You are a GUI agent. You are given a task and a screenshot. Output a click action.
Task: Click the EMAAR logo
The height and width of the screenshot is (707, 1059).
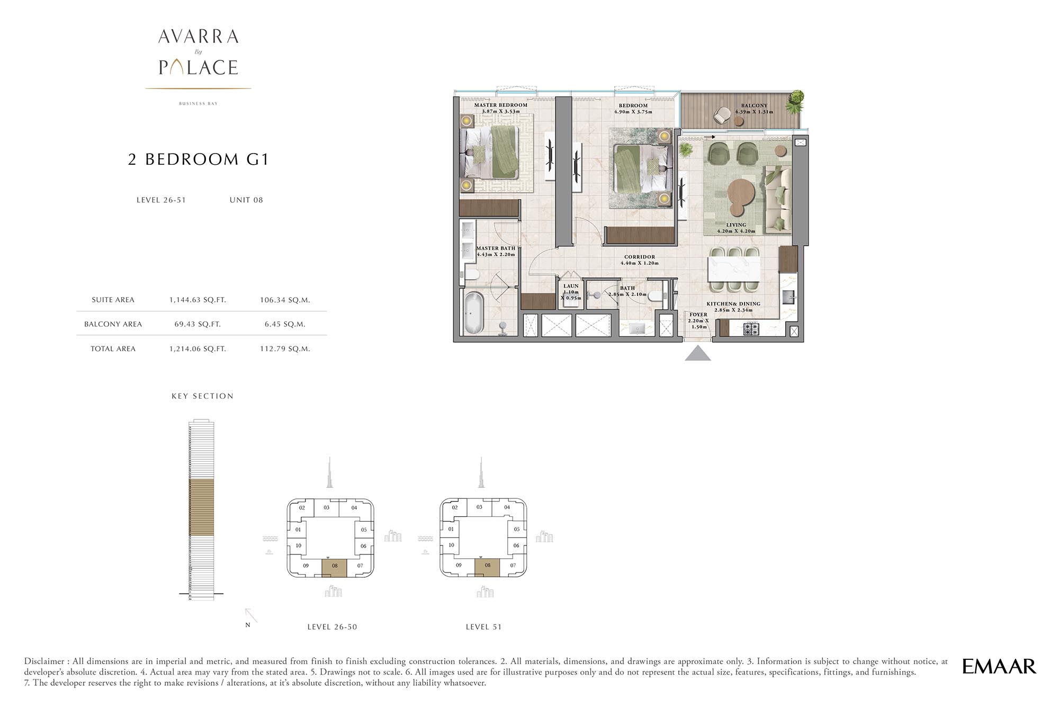click(999, 666)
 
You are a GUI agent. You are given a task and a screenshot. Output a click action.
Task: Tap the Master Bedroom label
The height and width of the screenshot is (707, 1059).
click(500, 105)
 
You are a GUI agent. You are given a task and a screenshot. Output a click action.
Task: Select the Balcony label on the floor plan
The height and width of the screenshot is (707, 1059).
click(754, 105)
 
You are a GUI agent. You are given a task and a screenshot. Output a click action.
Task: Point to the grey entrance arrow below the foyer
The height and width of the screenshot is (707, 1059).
click(698, 353)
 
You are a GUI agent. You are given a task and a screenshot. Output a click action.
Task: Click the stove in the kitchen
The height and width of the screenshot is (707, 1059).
click(751, 329)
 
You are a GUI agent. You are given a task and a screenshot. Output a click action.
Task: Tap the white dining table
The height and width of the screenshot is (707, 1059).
click(734, 269)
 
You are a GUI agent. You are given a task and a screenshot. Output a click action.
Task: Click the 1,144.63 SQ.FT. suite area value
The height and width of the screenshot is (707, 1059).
click(198, 300)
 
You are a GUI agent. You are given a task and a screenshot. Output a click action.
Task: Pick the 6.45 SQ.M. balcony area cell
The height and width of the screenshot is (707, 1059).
click(285, 324)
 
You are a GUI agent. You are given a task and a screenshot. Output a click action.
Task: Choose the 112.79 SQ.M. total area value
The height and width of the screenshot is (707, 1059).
click(285, 348)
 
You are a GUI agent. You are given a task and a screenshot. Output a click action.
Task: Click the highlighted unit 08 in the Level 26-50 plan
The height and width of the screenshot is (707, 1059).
click(335, 568)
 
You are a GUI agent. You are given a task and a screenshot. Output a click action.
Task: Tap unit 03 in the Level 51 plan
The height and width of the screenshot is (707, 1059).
click(479, 507)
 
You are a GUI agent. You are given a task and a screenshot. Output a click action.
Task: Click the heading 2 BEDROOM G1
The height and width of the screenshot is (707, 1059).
click(199, 159)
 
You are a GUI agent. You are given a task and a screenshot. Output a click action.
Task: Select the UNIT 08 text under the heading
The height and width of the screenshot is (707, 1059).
click(246, 200)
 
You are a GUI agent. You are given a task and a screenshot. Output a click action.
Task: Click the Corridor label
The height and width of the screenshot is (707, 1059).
click(640, 257)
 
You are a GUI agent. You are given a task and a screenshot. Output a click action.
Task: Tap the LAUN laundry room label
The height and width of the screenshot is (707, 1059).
click(571, 286)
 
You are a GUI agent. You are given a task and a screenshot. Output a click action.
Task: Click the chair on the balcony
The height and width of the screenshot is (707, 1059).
click(722, 115)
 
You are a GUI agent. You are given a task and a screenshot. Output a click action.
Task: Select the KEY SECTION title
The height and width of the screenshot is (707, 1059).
click(203, 396)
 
